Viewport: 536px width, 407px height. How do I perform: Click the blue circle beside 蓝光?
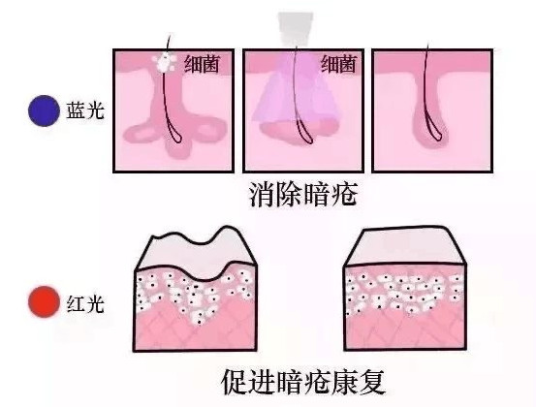pos(44,110)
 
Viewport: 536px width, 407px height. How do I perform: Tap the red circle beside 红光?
pos(44,302)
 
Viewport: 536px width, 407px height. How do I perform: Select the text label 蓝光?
pos(84,110)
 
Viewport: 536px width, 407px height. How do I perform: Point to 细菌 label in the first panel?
pos(202,64)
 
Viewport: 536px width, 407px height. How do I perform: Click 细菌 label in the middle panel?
pos(338,64)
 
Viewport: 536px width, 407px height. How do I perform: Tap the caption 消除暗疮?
pos(303,195)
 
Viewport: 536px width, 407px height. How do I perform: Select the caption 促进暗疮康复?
pos(303,382)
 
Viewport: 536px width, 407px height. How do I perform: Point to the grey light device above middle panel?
pos(296,29)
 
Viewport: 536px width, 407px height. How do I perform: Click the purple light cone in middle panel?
pos(296,92)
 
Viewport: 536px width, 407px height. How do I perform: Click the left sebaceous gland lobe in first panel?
pos(141,132)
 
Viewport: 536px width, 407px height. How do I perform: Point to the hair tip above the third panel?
pos(428,44)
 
